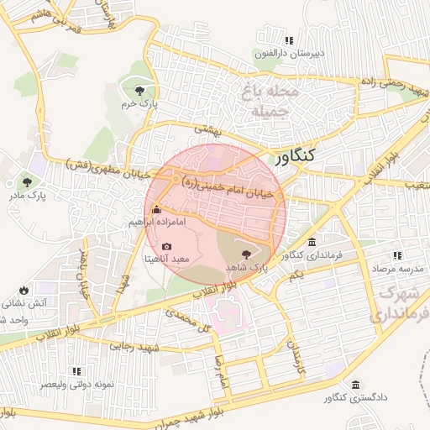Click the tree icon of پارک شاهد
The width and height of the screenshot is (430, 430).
[246, 254]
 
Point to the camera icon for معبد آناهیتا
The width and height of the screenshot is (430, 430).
[166, 246]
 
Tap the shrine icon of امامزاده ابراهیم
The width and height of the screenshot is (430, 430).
[155, 210]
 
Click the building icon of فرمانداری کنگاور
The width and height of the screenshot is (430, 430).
[312, 242]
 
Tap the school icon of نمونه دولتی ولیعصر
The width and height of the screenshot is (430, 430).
[76, 370]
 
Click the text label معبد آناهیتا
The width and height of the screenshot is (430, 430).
[166, 260]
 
